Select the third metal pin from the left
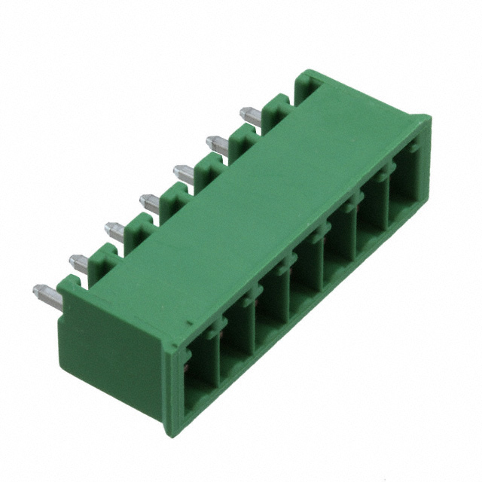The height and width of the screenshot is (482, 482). [x=114, y=230]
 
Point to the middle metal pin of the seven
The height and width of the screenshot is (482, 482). [x=149, y=201]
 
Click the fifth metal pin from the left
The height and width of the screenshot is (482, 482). [x=183, y=173]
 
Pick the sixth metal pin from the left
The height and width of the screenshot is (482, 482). [x=217, y=143]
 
